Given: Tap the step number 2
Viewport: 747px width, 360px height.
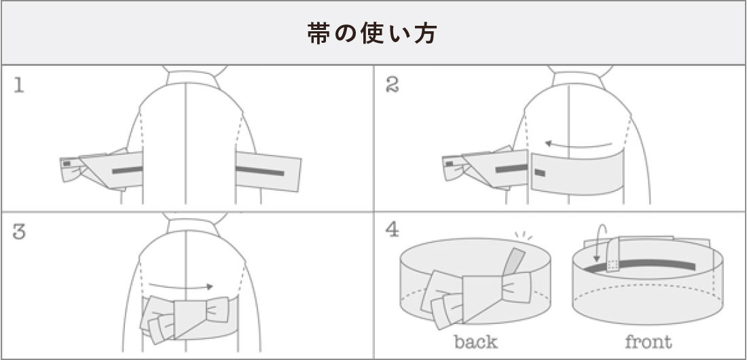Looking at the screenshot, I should pos(392,85).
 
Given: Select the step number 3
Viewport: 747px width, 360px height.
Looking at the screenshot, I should pos(19,232).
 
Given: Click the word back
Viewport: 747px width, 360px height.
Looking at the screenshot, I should pos(475,341).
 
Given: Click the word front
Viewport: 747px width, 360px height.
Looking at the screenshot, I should pos(647,341).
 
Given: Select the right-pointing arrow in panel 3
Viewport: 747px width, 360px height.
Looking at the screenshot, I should pos(181,287).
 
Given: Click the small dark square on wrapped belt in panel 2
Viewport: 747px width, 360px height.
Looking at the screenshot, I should pos(539,173).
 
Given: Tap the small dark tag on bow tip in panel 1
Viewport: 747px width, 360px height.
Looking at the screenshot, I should pos(67,164).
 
